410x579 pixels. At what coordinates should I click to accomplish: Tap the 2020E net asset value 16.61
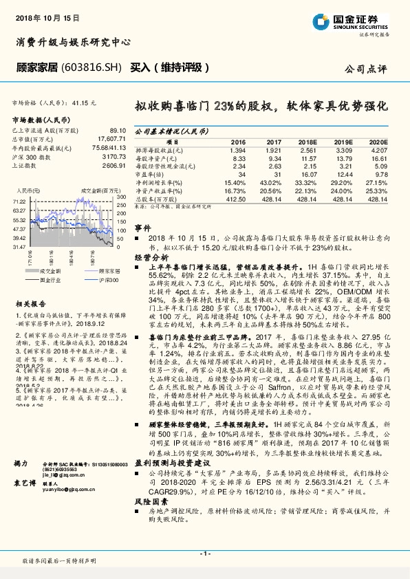[x=380, y=157]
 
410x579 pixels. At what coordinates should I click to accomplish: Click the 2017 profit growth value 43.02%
[x=270, y=182]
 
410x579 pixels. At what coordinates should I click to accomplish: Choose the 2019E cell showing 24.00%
[x=343, y=190]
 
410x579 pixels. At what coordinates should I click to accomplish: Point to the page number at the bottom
[x=204, y=554]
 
